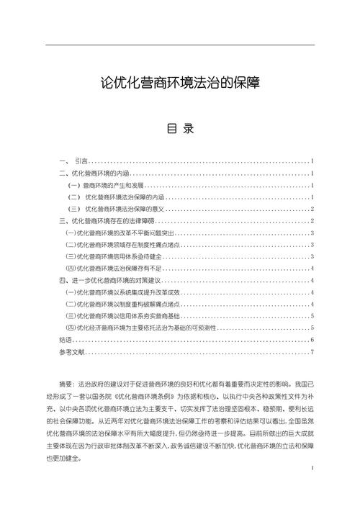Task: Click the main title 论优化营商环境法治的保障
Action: (x=180, y=84)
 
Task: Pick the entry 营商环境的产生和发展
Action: (x=104, y=185)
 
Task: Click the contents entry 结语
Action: (x=66, y=338)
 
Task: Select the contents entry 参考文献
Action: (x=72, y=351)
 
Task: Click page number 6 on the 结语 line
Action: (x=312, y=338)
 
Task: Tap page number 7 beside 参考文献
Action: (x=312, y=351)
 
